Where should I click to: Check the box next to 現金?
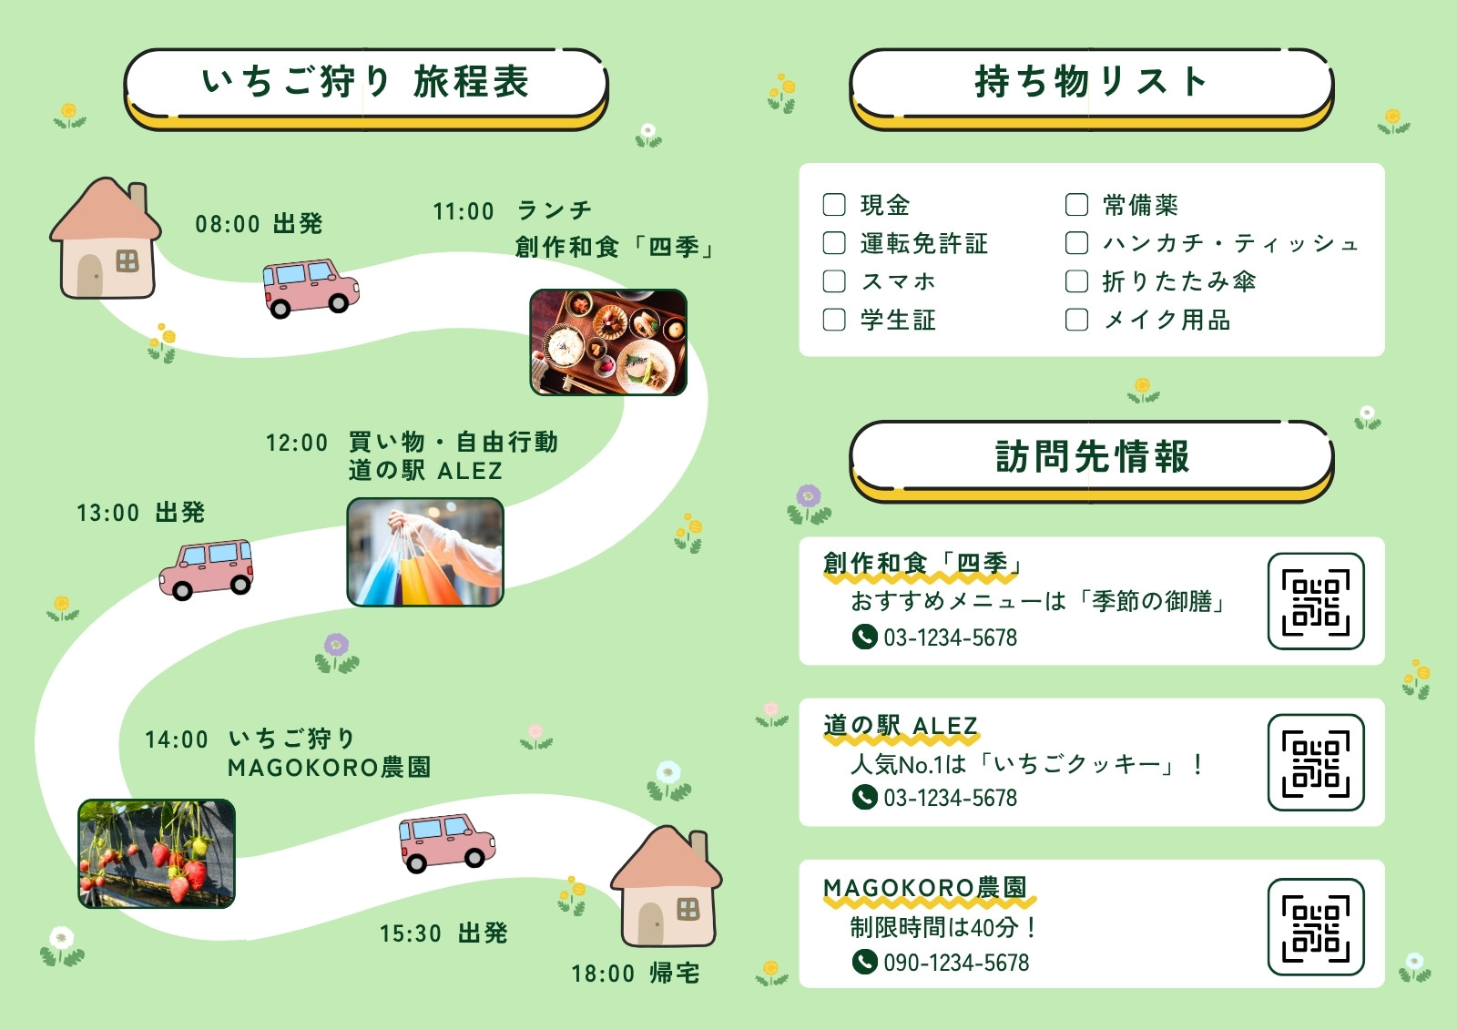834,204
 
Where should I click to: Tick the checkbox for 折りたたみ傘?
1076,281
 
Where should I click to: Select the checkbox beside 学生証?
834,320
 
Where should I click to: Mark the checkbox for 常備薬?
1076,204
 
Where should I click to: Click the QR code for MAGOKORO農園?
1316,926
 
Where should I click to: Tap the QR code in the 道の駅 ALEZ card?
1316,762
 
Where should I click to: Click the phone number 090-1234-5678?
956,963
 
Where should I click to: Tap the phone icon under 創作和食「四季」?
864,637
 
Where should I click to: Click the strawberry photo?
157,853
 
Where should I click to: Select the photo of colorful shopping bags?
425,553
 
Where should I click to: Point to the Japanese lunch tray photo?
608,342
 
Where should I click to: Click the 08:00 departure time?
228,224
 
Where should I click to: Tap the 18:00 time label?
603,974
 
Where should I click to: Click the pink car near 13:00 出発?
206,568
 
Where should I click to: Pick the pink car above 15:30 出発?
447,842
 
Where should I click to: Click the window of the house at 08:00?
127,261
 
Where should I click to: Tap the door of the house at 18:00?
650,924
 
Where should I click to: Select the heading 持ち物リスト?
1092,83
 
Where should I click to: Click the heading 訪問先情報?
1092,456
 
